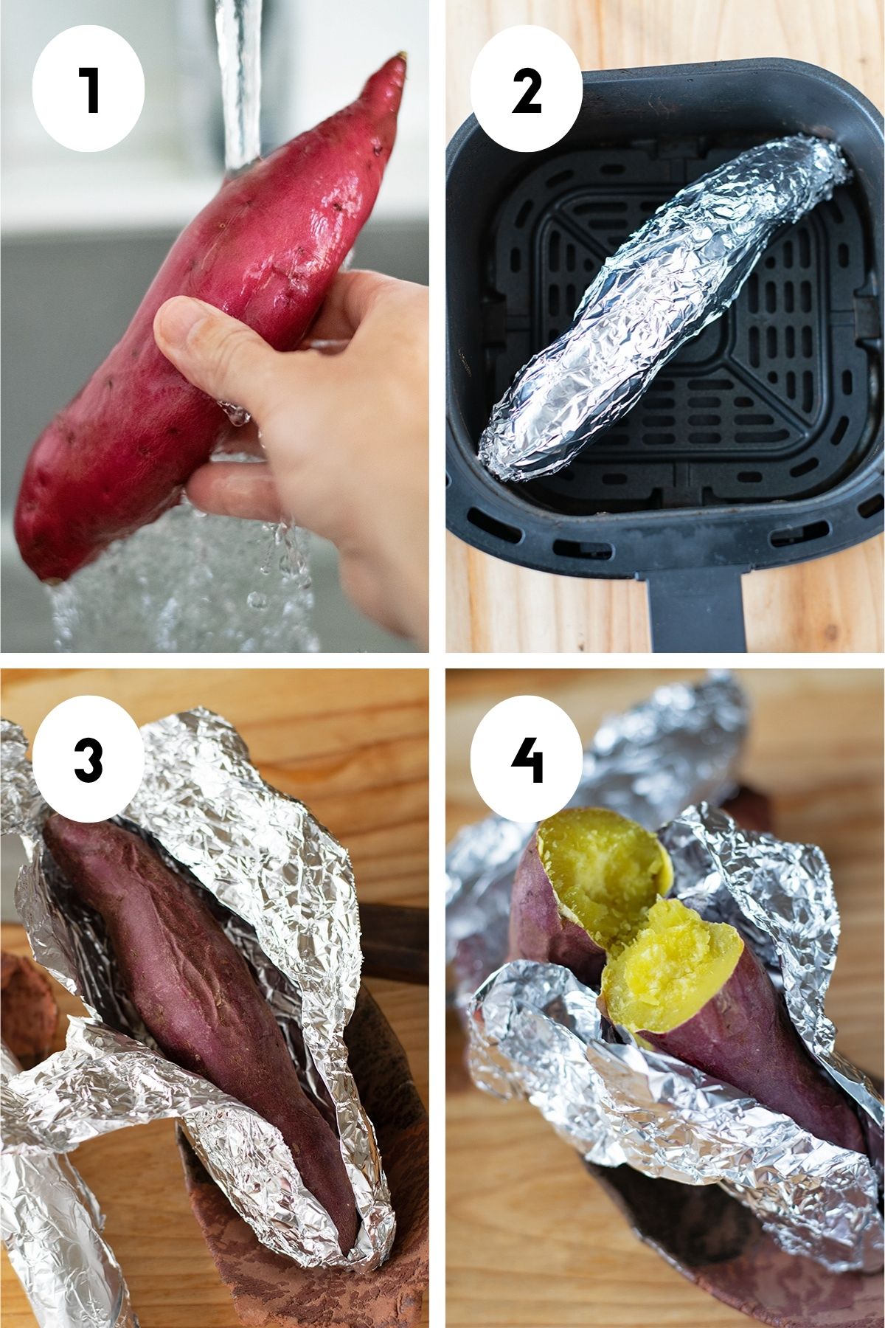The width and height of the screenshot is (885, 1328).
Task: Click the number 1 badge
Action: point(88,89)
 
